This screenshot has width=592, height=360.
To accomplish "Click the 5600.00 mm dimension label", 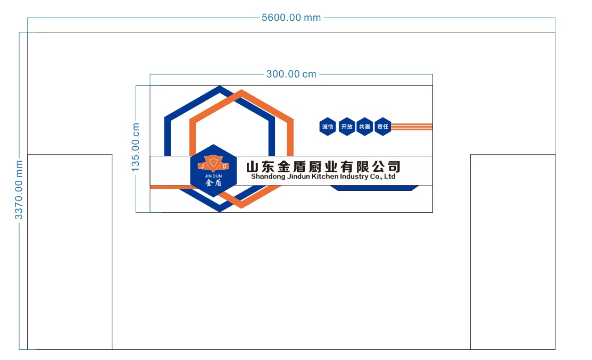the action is [x=291, y=18].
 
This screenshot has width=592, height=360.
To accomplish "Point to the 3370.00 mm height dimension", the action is [x=19, y=190].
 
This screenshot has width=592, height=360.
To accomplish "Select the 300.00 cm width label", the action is [x=291, y=74].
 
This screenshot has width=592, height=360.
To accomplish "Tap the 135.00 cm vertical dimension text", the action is [x=135, y=147].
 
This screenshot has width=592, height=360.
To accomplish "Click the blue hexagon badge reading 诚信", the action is [x=328, y=127].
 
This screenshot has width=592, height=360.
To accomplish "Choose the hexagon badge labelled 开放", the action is [x=347, y=127].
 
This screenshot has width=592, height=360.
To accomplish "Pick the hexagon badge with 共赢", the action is [x=364, y=127].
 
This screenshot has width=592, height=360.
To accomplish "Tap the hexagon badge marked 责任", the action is [x=382, y=127].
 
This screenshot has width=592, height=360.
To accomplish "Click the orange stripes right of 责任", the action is [x=412, y=127].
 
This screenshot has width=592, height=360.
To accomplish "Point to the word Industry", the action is [x=354, y=177].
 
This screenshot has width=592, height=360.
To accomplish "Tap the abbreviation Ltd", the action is [x=390, y=176].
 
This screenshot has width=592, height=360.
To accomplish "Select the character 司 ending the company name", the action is [x=394, y=166].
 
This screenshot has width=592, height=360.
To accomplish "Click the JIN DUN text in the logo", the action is [x=213, y=176].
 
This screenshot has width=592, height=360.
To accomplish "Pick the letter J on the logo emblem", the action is [x=202, y=166].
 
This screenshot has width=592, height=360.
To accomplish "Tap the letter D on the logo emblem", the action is [x=224, y=166].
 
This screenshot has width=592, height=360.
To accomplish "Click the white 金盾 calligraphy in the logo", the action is [x=213, y=183].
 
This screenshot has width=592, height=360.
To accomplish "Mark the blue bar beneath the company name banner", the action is [x=374, y=188].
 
